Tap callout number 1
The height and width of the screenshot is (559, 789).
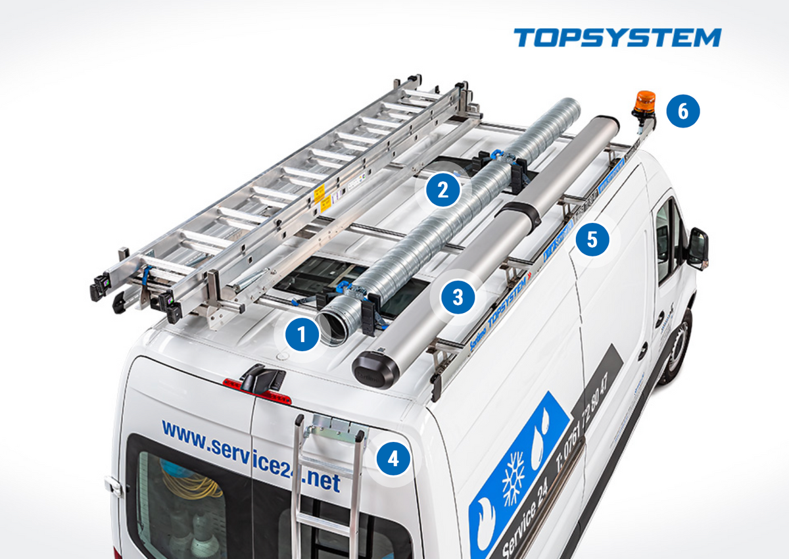coord(301,335)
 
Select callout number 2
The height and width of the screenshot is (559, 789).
coord(442,190)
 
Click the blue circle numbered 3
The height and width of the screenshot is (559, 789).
coord(458,297)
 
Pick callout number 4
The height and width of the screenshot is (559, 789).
coord(393,458)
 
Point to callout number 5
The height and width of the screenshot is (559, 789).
coord(592,239)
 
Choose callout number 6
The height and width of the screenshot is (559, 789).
coord(683,111)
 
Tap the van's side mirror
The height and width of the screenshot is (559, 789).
coord(697,248)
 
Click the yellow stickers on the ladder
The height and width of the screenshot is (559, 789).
coord(322,198)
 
